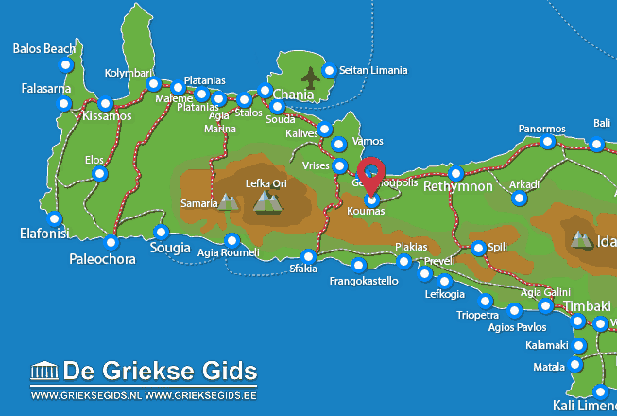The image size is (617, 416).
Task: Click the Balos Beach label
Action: coord(45,47)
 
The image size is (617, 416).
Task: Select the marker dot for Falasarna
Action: coord(64,102)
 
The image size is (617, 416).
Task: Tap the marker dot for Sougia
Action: coord(162,232)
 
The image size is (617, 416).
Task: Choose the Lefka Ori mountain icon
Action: coord(268,200)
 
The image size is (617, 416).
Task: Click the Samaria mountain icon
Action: coord(228,201)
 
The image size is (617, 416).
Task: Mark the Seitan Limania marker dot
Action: coord(329,71)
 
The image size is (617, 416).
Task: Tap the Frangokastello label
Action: coord(364,281)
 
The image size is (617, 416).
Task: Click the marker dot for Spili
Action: coord(478,249)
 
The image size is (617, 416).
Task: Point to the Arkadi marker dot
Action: coord(519,198)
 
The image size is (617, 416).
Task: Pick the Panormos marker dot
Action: coord(548,142)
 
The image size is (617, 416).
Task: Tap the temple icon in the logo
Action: coord(43,370)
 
